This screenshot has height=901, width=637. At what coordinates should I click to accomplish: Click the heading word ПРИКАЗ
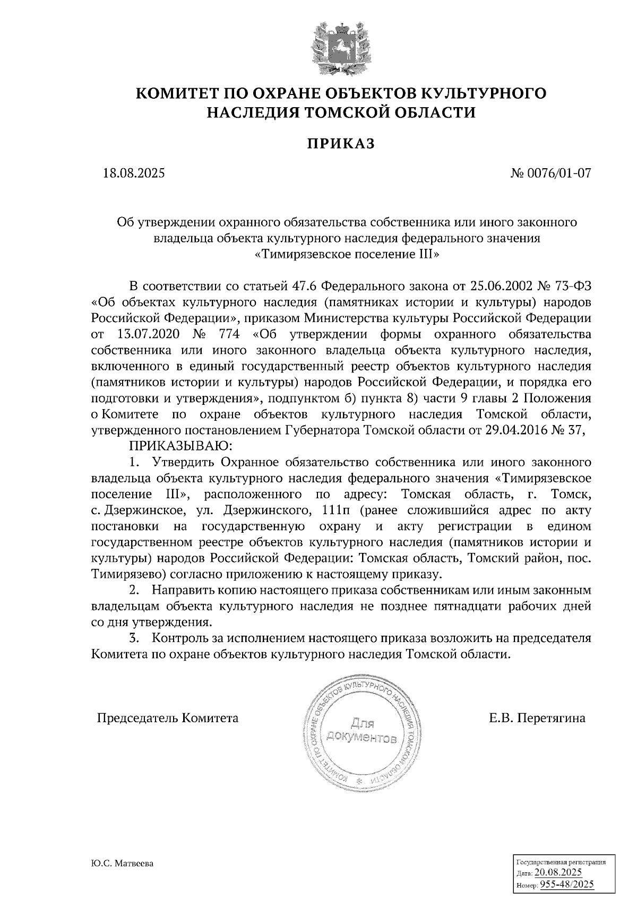[341, 143]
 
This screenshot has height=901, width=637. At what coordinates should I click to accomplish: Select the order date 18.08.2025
[134, 173]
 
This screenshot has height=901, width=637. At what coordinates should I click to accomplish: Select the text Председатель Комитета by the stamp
[167, 718]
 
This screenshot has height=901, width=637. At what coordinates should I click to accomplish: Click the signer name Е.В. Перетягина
[537, 718]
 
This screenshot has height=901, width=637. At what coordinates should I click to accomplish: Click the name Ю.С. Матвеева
[122, 864]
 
